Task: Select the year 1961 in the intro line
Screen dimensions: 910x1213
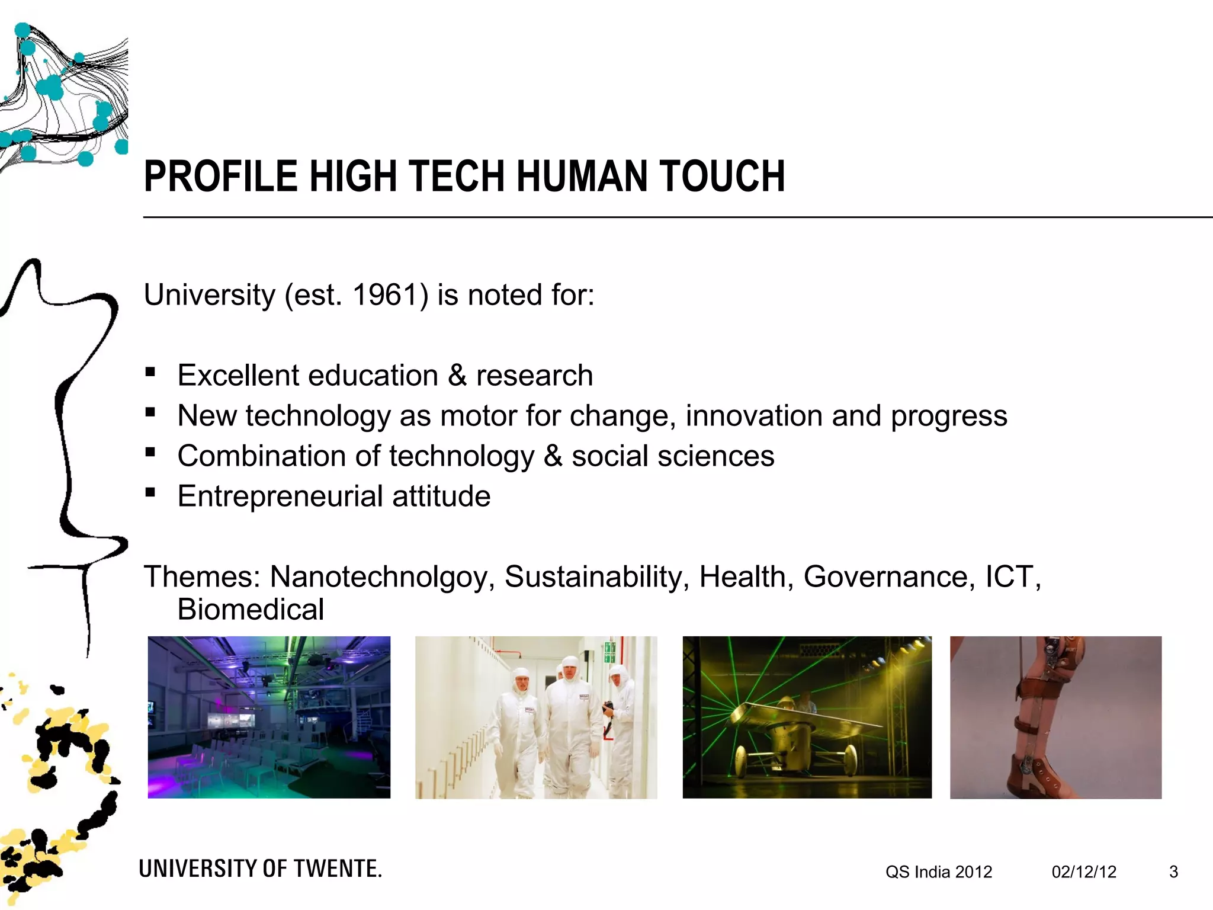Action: click(386, 295)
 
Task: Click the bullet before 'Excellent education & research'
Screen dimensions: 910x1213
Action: click(150, 373)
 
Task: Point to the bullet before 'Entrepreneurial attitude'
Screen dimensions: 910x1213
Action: click(150, 493)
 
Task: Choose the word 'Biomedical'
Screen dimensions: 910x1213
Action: click(251, 610)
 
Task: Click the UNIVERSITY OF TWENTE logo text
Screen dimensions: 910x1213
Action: click(261, 869)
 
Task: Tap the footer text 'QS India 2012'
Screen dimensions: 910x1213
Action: click(939, 872)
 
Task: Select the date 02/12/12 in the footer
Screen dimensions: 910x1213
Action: click(1084, 872)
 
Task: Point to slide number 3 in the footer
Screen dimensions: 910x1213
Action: click(1173, 872)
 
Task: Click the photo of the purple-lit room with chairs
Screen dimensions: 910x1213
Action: click(269, 717)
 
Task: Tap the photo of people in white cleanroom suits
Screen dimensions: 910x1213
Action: click(536, 717)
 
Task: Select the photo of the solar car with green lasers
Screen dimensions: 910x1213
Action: click(807, 717)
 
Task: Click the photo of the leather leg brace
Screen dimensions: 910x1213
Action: click(1055, 717)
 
